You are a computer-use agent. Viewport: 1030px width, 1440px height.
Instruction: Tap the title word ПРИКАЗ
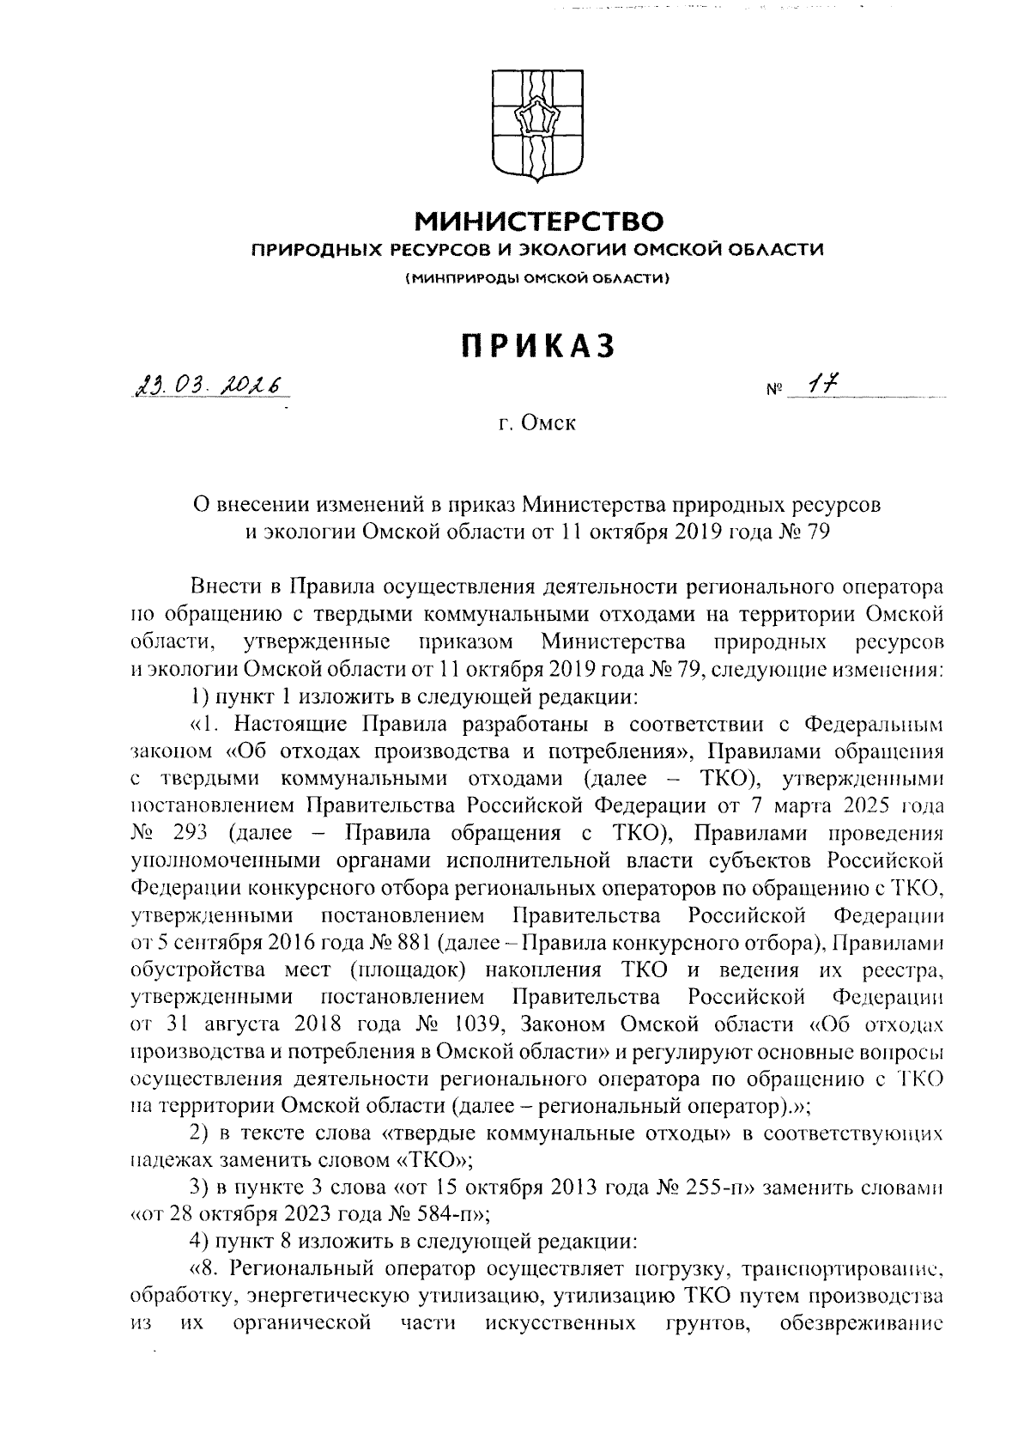[x=538, y=346]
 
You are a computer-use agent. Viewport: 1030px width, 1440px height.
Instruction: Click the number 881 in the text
[x=415, y=943]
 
